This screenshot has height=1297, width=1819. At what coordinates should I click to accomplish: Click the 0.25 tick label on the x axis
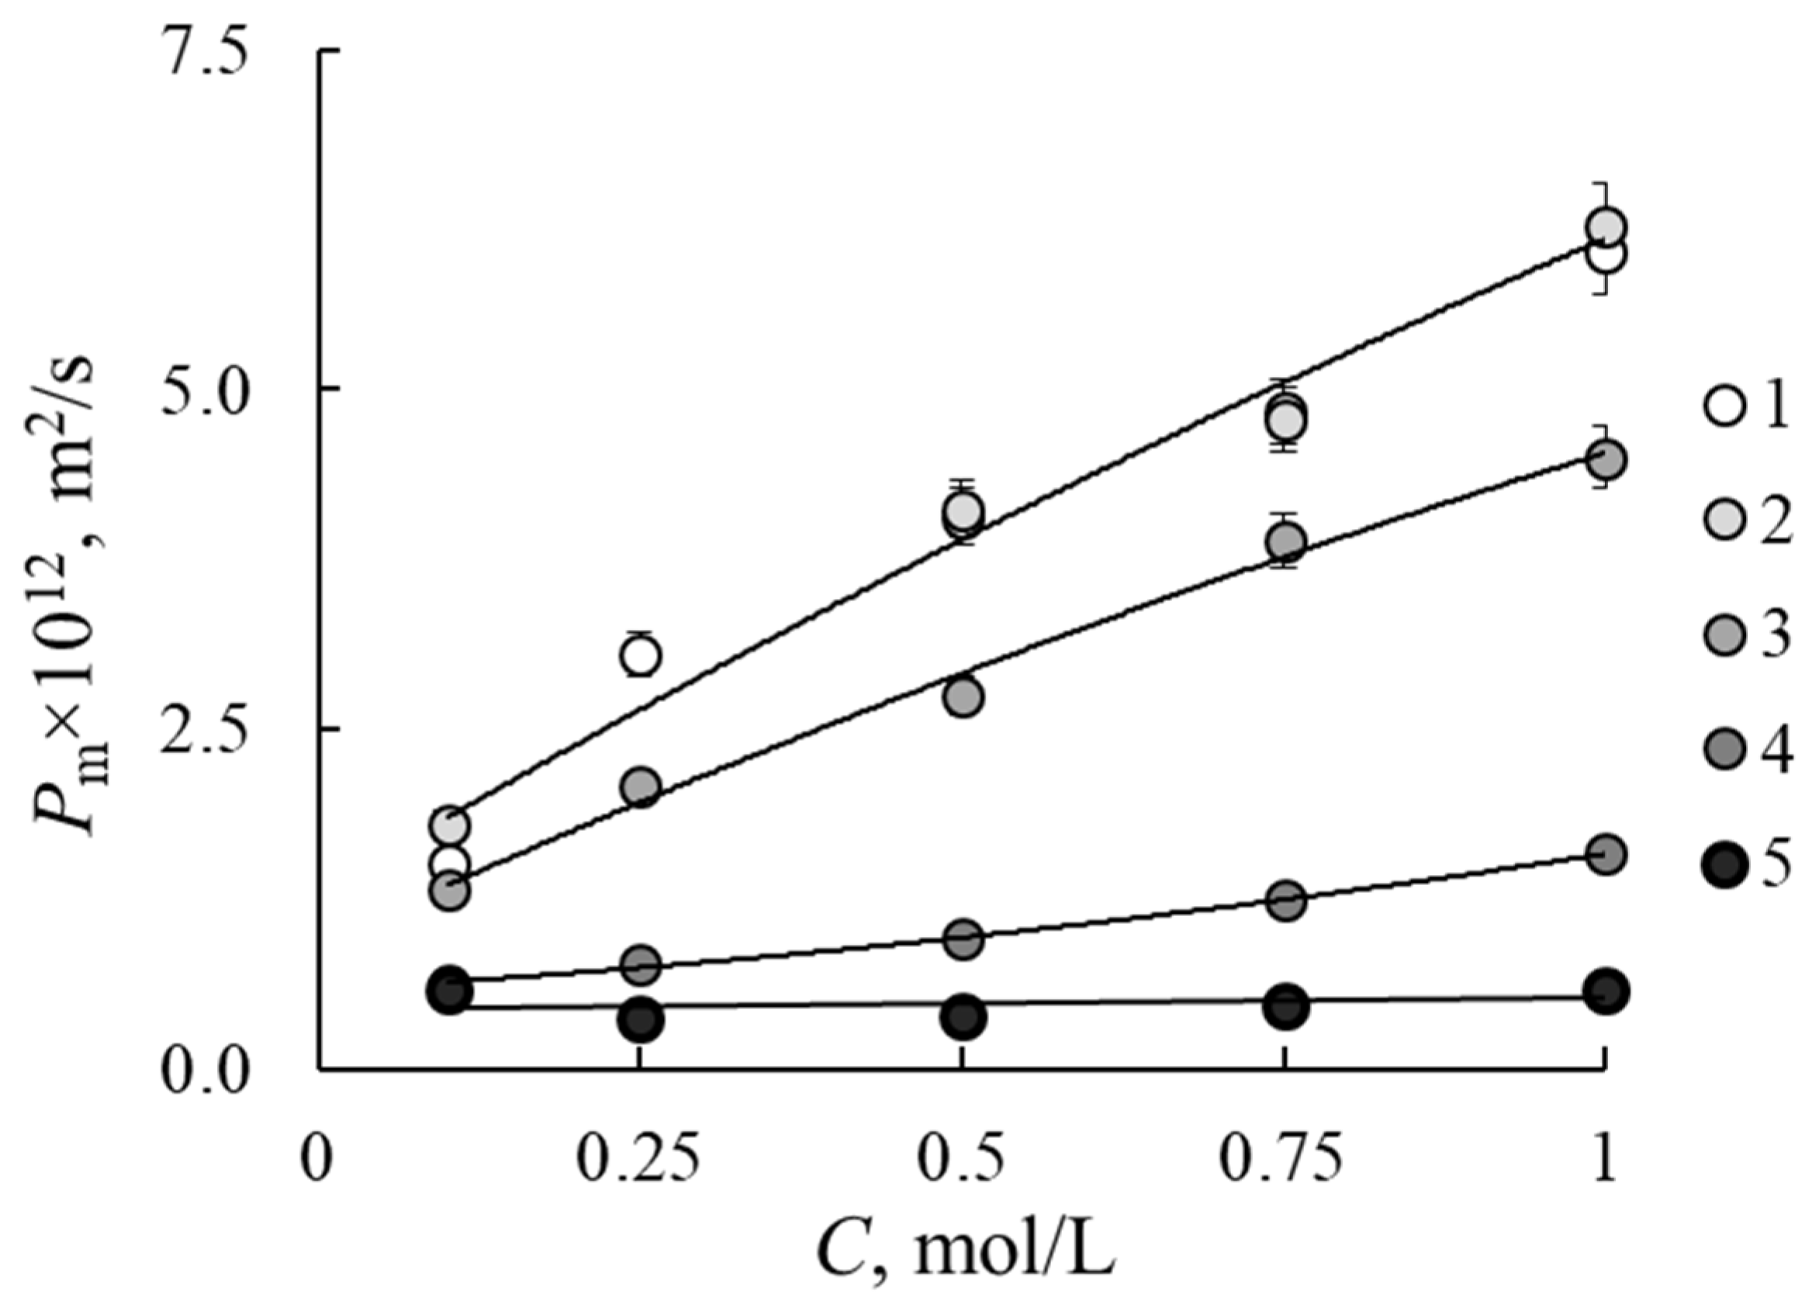pos(639,1161)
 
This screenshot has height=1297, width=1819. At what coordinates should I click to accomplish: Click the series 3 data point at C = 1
pos(1606,460)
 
